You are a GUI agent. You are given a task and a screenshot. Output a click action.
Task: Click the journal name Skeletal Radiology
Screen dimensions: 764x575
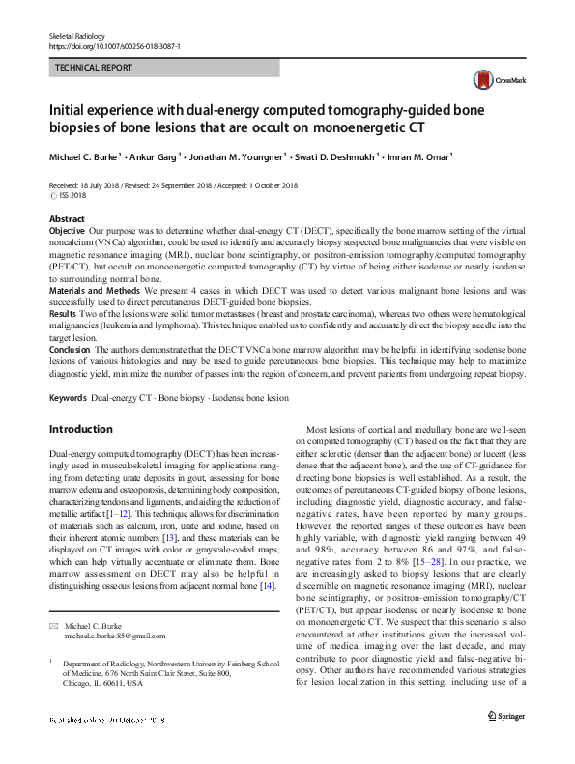(76, 35)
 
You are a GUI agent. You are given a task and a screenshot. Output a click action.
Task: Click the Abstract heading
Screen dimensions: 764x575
(67, 220)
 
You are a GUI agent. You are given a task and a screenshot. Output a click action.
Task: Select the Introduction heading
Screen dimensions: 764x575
(81, 429)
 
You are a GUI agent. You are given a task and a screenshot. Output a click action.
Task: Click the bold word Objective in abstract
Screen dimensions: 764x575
(67, 233)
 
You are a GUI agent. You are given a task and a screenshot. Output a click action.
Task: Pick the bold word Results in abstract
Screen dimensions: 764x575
(63, 314)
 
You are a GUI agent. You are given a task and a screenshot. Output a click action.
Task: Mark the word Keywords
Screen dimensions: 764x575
(69, 397)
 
